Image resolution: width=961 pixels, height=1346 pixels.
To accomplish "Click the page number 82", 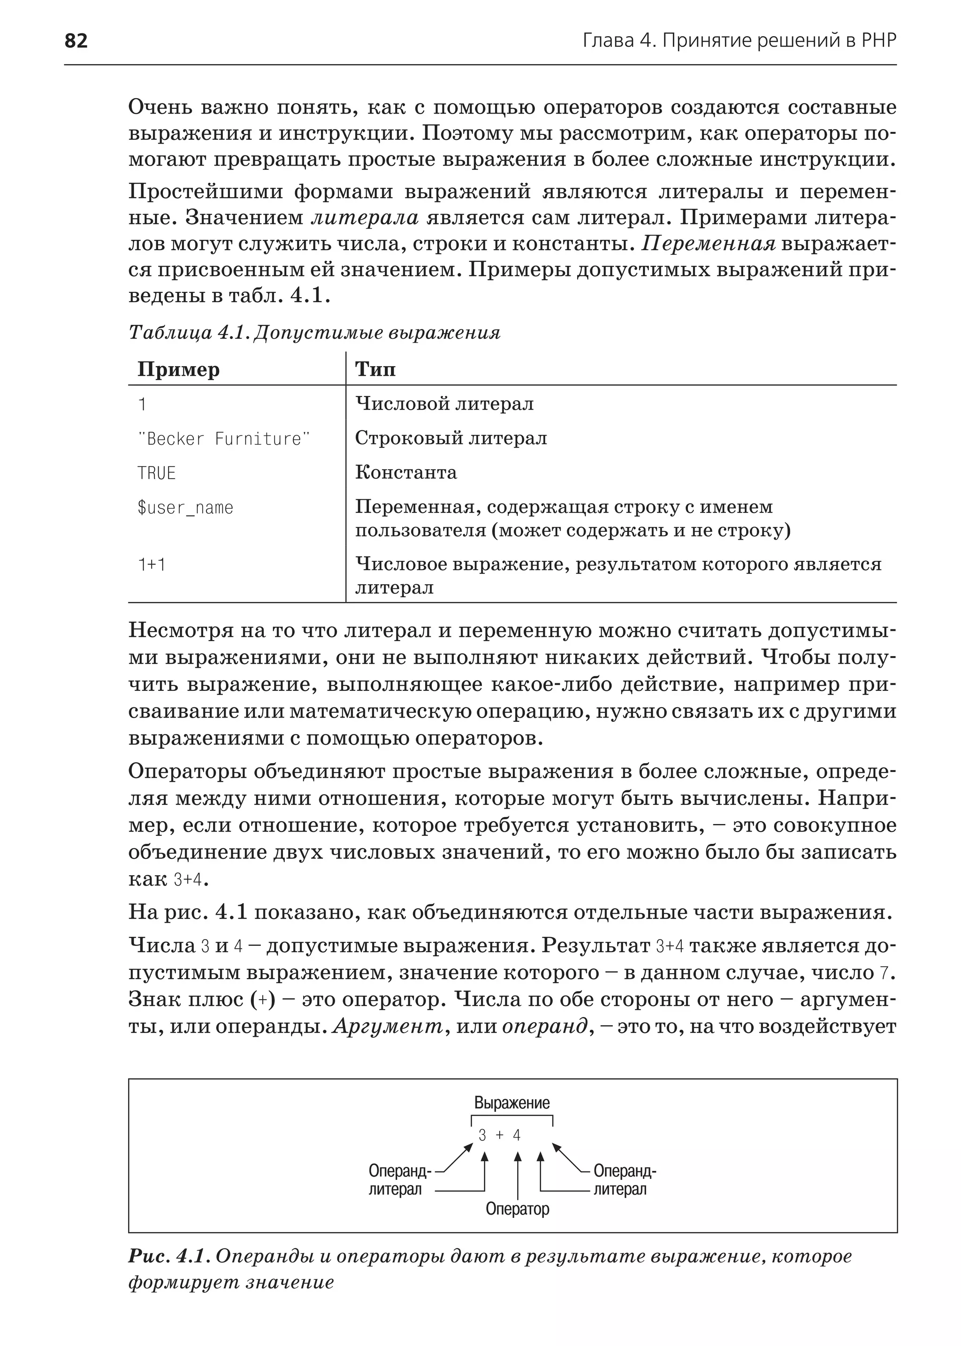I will [76, 41].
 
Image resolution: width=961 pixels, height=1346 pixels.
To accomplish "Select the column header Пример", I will [178, 369].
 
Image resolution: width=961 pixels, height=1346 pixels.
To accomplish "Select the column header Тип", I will [375, 369].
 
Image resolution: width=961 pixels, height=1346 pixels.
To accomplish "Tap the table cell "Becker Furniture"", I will [224, 439].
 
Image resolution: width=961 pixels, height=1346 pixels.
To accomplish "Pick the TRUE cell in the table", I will [157, 474].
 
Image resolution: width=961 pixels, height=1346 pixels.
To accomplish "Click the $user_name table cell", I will [185, 508].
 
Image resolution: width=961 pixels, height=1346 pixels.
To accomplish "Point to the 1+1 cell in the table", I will [152, 565].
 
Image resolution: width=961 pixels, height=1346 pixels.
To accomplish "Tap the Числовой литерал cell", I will [444, 404].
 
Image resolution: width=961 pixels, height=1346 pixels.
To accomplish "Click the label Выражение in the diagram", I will [512, 1103].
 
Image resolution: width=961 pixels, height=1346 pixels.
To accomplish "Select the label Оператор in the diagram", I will [517, 1208].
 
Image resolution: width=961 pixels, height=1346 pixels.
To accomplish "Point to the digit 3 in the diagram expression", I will [482, 1135].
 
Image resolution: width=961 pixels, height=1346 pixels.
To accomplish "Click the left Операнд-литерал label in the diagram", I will [399, 1180].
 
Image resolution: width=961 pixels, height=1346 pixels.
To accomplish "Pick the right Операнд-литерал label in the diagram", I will [624, 1180].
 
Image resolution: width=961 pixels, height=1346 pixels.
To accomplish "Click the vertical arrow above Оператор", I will [518, 1175].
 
